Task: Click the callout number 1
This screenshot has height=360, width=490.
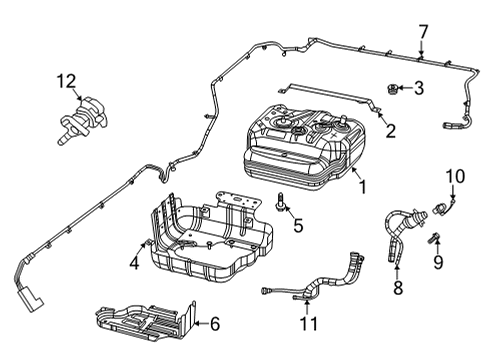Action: click(x=362, y=186)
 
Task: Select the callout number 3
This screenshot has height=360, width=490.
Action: click(x=419, y=89)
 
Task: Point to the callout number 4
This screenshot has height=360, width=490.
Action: click(x=132, y=264)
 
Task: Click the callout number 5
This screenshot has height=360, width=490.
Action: click(x=297, y=226)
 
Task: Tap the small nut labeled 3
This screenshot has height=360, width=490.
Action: click(x=392, y=90)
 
